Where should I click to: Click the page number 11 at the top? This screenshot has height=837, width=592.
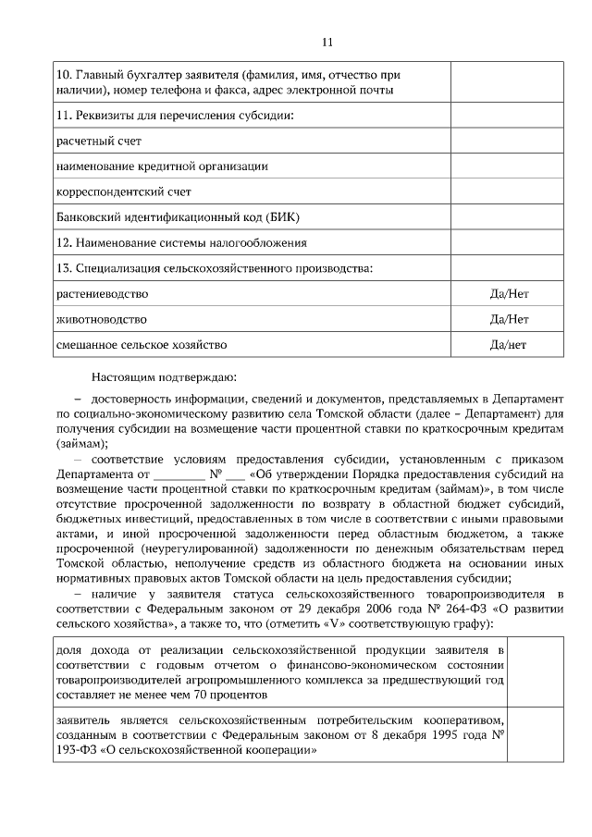point(327,42)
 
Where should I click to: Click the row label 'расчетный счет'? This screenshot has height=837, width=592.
point(99,142)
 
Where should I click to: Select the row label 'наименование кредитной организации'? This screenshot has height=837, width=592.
point(162,166)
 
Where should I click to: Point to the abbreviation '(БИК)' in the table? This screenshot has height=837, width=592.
point(283,217)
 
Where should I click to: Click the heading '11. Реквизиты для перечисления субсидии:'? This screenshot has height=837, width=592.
point(175,116)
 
